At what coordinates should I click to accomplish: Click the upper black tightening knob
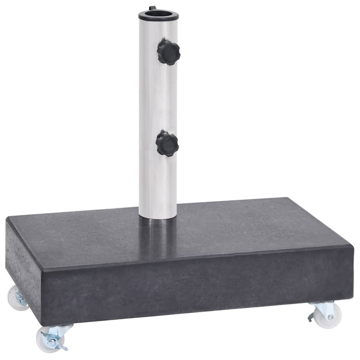pyautogui.click(x=168, y=52)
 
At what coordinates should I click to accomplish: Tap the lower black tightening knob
pyautogui.click(x=167, y=144)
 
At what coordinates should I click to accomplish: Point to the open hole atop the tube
pyautogui.click(x=158, y=13)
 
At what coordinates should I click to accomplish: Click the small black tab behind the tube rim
pyautogui.click(x=152, y=8)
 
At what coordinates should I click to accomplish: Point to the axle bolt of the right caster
pyautogui.click(x=331, y=317)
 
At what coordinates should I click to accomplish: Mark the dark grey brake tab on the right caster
pyautogui.click(x=311, y=318)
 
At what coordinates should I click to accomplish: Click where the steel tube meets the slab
pyautogui.click(x=157, y=217)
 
